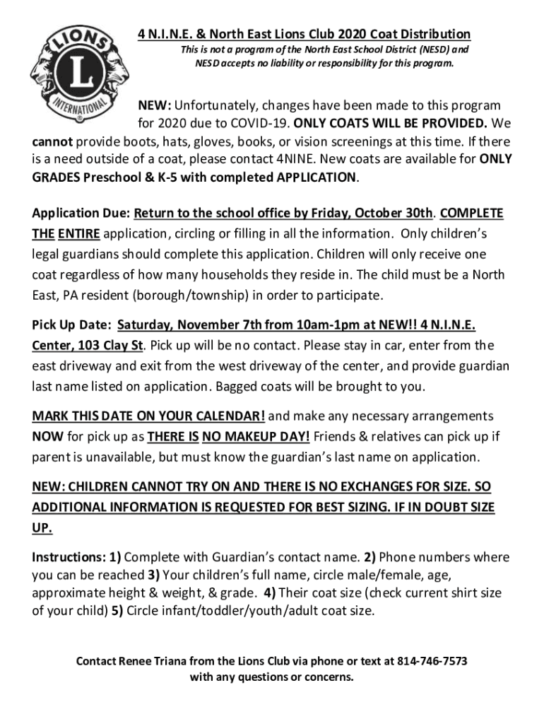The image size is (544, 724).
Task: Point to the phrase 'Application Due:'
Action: click(x=81, y=214)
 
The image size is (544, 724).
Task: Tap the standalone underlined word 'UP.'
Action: click(x=42, y=529)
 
